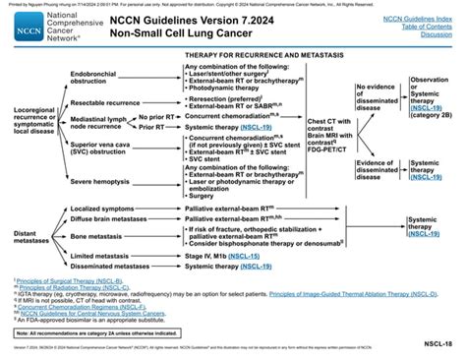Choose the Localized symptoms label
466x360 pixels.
coord(111,209)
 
